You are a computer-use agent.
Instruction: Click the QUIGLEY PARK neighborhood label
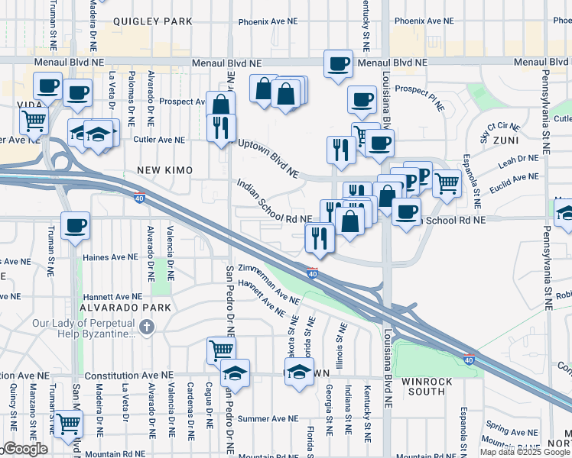[x=153, y=22]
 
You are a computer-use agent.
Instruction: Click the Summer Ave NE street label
[x=268, y=418]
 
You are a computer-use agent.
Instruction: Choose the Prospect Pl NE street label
[x=420, y=98]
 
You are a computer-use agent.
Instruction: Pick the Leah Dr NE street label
[x=519, y=160]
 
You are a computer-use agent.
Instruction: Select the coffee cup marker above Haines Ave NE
[x=76, y=225]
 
